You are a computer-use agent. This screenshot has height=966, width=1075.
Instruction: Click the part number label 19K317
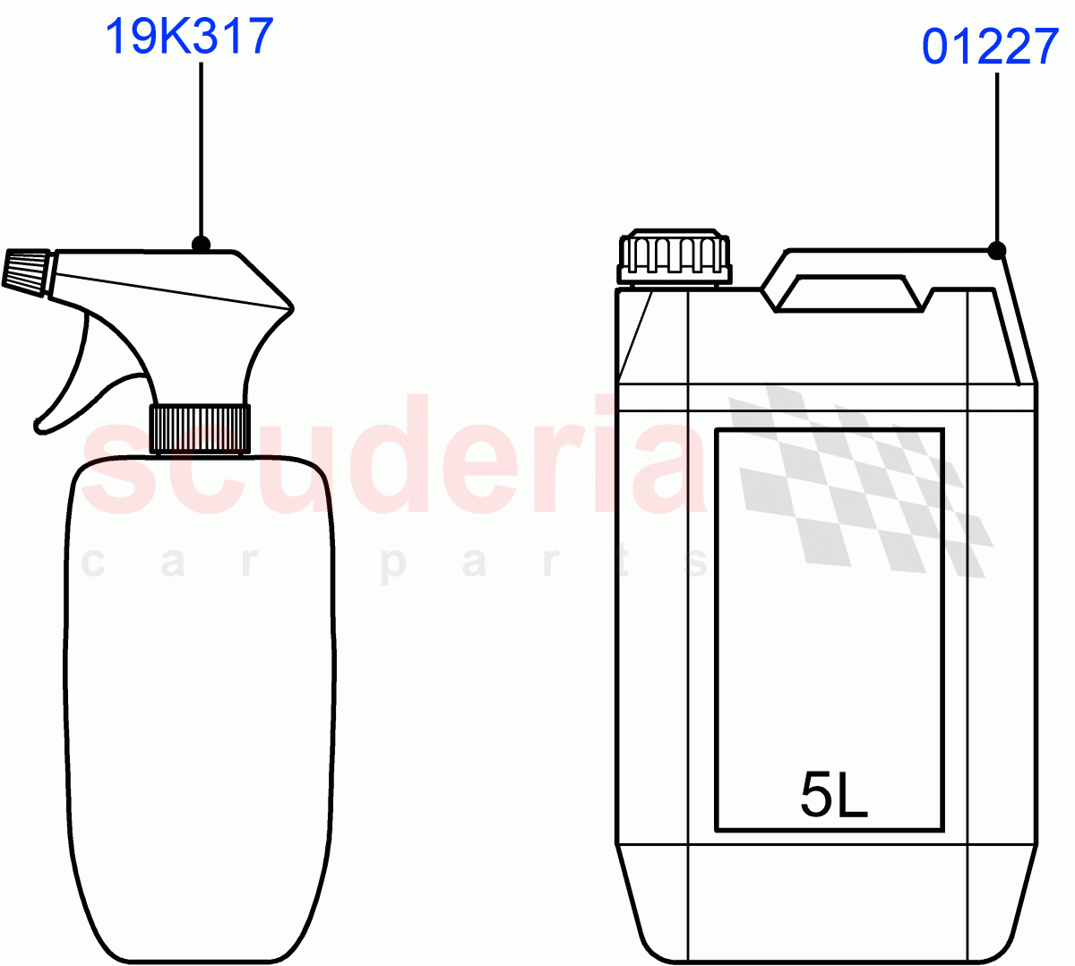coord(189,38)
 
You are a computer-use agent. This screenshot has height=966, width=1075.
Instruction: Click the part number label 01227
coord(990,47)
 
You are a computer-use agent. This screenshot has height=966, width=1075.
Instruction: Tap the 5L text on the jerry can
coord(833,795)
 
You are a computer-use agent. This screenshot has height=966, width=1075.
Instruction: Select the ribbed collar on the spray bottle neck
coord(199,428)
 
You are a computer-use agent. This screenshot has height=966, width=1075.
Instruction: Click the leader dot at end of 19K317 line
coord(201,244)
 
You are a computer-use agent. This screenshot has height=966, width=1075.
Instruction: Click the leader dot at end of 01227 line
coord(997,250)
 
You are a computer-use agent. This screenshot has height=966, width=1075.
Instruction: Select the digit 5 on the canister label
coord(816,795)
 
